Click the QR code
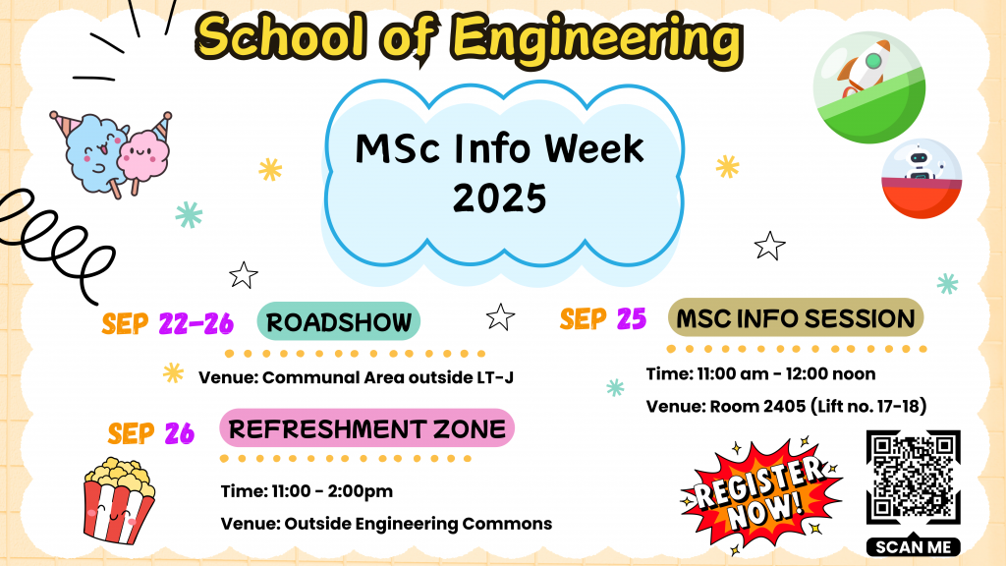(x=913, y=478)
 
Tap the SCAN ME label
(x=913, y=546)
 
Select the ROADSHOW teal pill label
(x=339, y=321)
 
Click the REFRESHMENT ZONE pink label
(x=367, y=428)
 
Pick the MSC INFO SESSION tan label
(x=796, y=317)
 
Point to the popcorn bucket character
(x=119, y=500)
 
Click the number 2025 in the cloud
(x=499, y=198)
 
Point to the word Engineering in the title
(x=596, y=39)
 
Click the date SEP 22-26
(x=167, y=323)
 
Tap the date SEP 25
(x=603, y=319)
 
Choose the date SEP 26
(x=150, y=433)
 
